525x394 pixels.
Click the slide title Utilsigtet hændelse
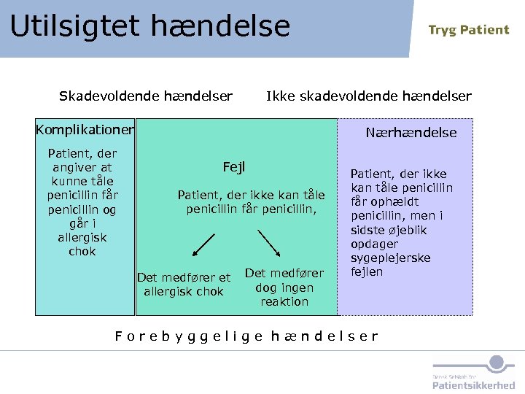click(149, 27)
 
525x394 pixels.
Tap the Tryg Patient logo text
click(468, 30)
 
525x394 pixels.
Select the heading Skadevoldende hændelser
click(146, 96)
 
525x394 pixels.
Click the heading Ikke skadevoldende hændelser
click(368, 96)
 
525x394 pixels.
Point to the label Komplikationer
click(85, 131)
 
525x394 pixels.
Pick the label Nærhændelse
click(411, 133)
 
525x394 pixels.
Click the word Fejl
click(234, 168)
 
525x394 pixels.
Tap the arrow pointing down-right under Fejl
click(269, 244)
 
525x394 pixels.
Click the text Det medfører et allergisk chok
click(184, 285)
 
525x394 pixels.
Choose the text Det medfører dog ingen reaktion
click(284, 287)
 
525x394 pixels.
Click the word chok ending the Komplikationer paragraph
click(82, 252)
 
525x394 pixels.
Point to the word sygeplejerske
click(391, 258)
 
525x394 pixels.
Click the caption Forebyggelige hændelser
click(246, 336)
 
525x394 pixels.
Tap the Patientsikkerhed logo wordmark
click(473, 385)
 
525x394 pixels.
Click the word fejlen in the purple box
click(367, 272)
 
